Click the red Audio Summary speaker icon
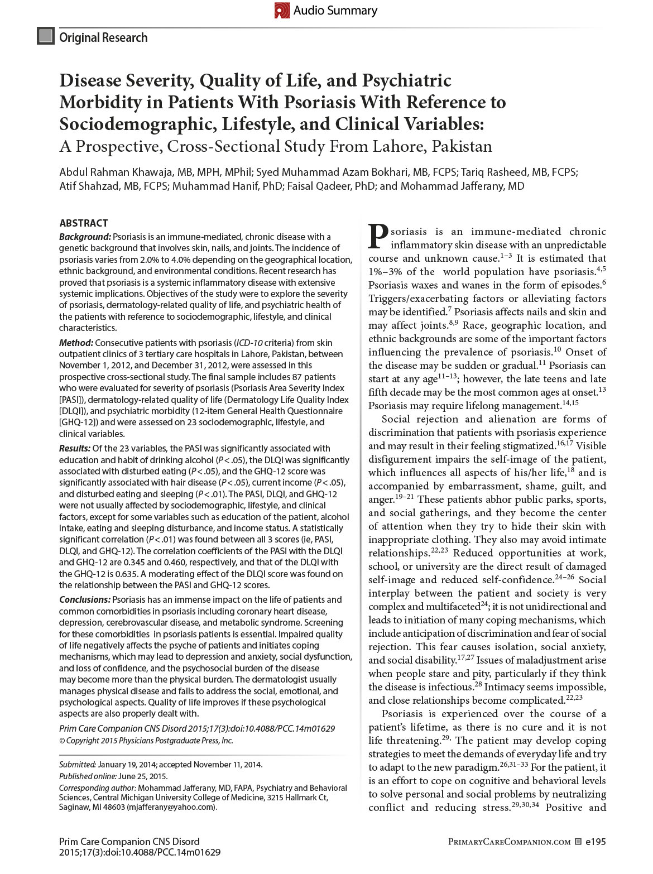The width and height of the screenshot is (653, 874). (x=282, y=10)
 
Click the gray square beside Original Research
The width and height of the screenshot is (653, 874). (x=46, y=37)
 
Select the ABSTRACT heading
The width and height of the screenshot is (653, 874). (x=84, y=223)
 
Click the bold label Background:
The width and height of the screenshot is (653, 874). (x=85, y=237)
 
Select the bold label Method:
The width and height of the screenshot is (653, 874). (x=76, y=343)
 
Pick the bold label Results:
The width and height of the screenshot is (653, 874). (x=75, y=448)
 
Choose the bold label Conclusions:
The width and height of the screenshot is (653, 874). (x=85, y=599)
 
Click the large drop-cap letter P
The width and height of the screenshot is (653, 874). (x=378, y=237)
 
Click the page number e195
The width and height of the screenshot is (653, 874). (x=595, y=842)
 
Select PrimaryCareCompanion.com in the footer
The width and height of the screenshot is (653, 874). (x=510, y=842)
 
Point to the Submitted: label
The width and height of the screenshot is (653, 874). (x=78, y=765)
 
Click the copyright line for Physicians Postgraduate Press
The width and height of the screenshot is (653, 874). (x=146, y=741)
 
